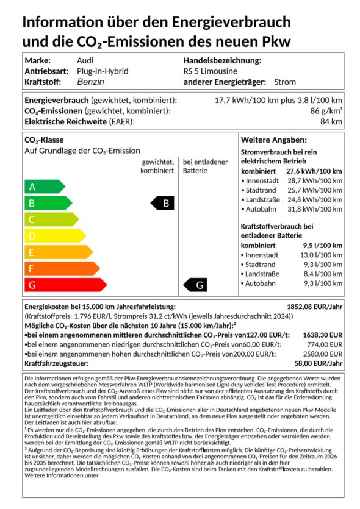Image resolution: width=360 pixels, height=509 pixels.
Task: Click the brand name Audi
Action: (85, 61)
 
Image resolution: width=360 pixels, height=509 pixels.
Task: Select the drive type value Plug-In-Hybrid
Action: (103, 71)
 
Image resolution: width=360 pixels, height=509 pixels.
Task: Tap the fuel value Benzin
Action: (91, 82)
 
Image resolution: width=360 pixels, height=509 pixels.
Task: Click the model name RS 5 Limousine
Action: (211, 71)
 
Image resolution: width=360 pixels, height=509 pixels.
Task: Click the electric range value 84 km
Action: (333, 122)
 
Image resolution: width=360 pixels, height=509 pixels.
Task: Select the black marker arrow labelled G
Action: (196, 285)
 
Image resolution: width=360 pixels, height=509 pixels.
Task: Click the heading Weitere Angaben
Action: (273, 140)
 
